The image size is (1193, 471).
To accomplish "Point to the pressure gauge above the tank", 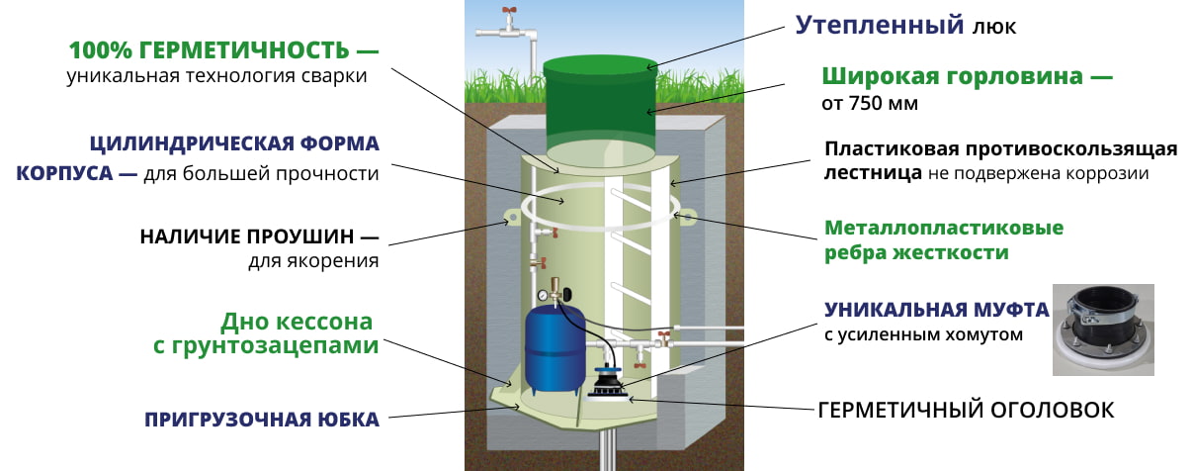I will click(x=543, y=295).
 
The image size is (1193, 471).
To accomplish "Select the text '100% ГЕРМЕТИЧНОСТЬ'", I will click(x=210, y=49).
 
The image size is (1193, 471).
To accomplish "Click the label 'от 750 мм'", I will click(x=870, y=103).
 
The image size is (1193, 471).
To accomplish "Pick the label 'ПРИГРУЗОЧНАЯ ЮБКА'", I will click(x=262, y=420).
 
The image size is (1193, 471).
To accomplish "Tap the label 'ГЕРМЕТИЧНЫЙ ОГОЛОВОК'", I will click(x=966, y=409).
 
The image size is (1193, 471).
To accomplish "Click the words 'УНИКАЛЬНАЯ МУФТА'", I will click(x=936, y=309).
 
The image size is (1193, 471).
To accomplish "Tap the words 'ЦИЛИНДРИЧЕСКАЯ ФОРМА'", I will click(x=234, y=143).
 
